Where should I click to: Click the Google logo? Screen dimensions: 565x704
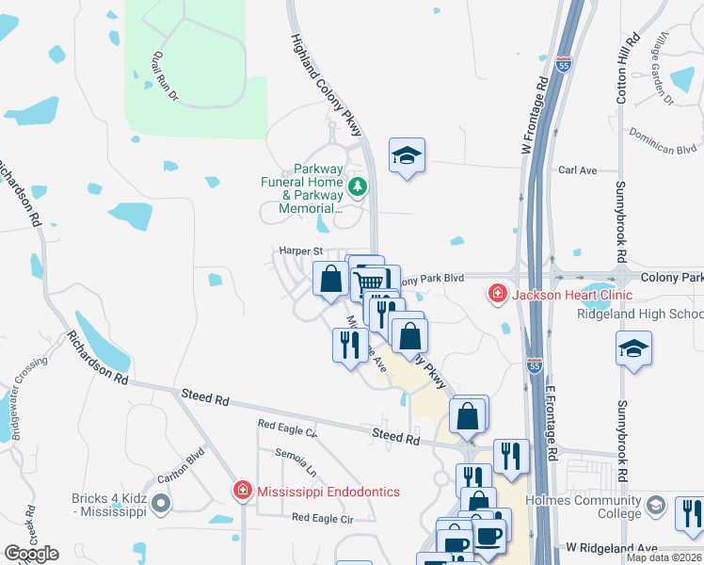31,554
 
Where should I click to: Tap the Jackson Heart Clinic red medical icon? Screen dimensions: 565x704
496,295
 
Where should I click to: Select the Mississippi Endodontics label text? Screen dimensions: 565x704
328,492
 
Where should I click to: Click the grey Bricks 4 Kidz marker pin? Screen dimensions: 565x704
161,505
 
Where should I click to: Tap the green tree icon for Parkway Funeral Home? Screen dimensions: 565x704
357,187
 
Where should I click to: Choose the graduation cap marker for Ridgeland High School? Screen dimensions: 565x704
634,350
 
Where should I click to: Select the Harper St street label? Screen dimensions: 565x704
300,251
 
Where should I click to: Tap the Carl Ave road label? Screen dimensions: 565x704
578,170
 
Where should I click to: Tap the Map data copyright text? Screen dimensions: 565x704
664,557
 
